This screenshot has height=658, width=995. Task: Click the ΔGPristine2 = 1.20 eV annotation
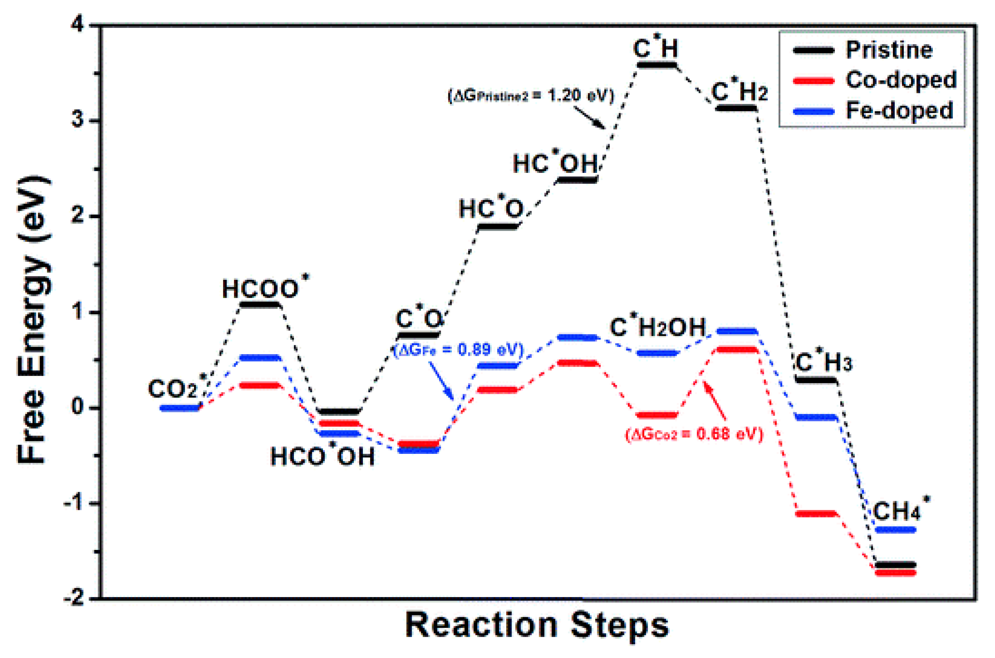531,96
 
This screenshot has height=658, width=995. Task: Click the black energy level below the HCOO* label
260,304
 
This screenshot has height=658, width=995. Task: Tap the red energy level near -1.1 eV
817,513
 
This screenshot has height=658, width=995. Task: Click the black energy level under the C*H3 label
817,380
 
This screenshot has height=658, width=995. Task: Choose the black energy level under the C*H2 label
736,108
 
